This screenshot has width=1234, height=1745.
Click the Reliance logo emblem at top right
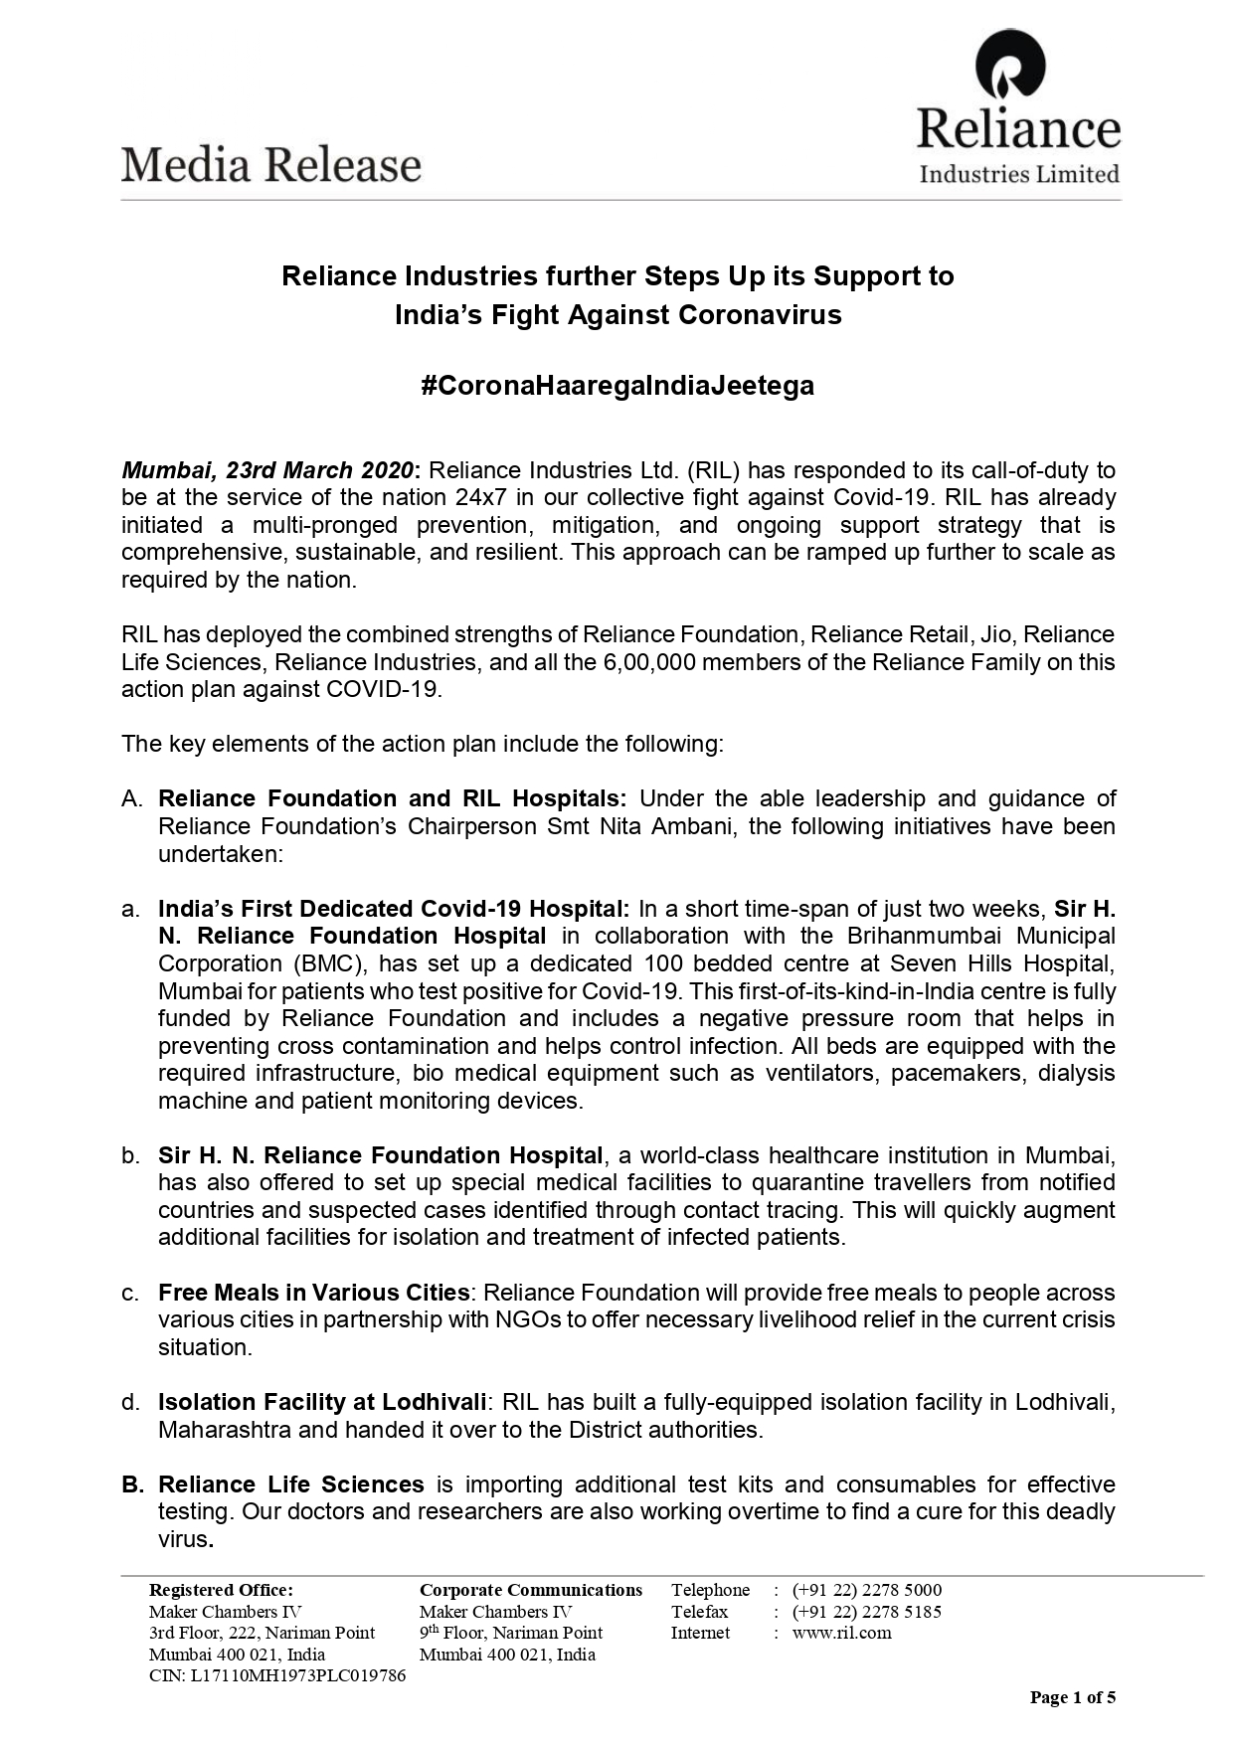pyautogui.click(x=1010, y=64)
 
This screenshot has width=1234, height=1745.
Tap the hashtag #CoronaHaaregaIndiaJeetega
pyautogui.click(x=617, y=385)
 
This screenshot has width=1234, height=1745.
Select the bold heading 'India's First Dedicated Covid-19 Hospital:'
pyautogui.click(x=394, y=909)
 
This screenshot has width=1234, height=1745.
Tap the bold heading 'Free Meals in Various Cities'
pyautogui.click(x=313, y=1293)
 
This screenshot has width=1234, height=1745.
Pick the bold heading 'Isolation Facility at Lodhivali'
pyautogui.click(x=322, y=1402)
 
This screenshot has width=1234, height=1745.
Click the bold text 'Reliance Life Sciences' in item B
pyautogui.click(x=291, y=1484)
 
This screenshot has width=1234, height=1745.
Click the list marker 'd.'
pyautogui.click(x=130, y=1402)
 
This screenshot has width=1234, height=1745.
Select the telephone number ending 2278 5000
pyautogui.click(x=866, y=1590)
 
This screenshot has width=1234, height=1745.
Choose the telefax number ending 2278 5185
pyautogui.click(x=866, y=1612)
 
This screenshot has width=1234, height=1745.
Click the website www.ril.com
pyautogui.click(x=841, y=1633)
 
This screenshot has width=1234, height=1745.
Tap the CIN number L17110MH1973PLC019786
pyautogui.click(x=276, y=1675)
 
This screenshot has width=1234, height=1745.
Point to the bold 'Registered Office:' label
pyautogui.click(x=221, y=1590)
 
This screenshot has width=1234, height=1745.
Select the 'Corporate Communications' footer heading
pyautogui.click(x=531, y=1590)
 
